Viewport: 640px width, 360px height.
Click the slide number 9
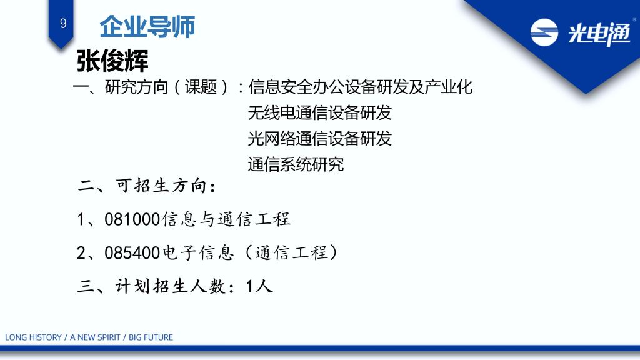(x=63, y=23)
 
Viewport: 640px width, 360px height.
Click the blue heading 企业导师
(x=147, y=27)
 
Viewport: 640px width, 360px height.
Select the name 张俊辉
(x=112, y=61)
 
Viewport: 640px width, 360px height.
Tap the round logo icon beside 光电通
(x=544, y=32)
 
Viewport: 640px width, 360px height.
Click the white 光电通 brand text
(x=599, y=34)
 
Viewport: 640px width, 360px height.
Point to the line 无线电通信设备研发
(x=319, y=112)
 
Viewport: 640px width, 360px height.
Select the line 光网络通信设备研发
(x=319, y=139)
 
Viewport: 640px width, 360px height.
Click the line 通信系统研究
(x=296, y=164)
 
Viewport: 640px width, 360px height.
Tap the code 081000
(x=132, y=219)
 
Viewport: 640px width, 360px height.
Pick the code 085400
(x=132, y=253)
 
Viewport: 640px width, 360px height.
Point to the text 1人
(x=259, y=286)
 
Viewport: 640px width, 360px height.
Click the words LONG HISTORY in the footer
(x=33, y=337)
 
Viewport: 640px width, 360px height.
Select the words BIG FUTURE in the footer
(x=151, y=337)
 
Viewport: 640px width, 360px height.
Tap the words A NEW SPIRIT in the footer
(x=95, y=337)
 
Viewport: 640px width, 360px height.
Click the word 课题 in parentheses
(x=201, y=87)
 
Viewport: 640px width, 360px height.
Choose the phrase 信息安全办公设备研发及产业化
(x=361, y=87)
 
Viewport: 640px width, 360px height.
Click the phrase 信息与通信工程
(x=226, y=219)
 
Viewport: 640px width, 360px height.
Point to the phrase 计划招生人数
(x=171, y=286)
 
